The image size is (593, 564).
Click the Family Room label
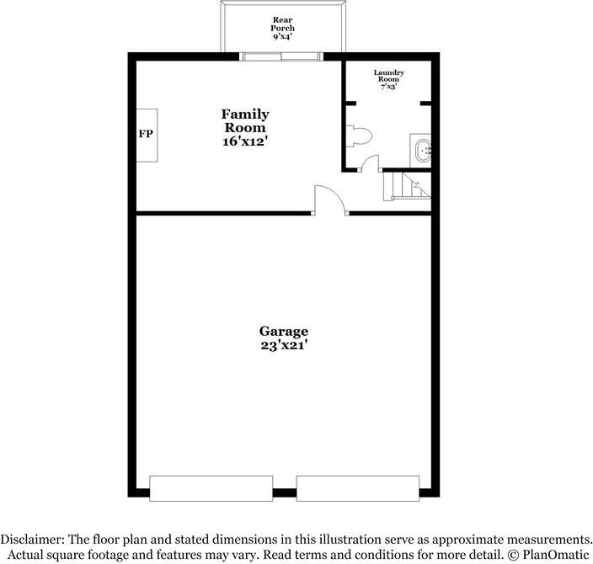coord(245,120)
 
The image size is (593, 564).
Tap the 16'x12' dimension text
coord(245,142)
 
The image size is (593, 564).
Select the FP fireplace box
coord(147,134)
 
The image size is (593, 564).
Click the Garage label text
coord(283,331)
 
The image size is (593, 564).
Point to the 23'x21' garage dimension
coord(283,344)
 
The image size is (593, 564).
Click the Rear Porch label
coord(283,24)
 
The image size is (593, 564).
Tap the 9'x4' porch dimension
coord(283,38)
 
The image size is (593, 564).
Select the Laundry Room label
coord(389,77)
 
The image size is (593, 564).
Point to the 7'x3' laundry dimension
coord(389,88)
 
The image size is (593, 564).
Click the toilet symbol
coord(359,136)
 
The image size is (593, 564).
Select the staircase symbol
coord(407,186)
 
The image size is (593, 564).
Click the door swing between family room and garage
coord(329,200)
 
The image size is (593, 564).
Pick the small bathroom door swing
coord(368,163)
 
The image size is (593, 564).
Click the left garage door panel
coord(211,487)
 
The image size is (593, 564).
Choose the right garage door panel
coord(358,487)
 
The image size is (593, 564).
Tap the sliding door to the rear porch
coord(280,57)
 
